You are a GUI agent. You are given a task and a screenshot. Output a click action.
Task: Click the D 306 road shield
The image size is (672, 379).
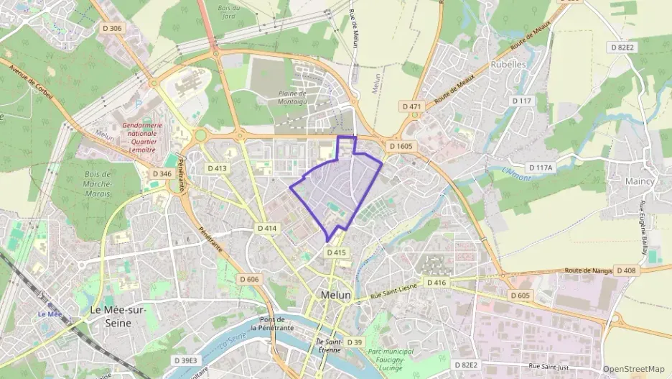tap(113, 28)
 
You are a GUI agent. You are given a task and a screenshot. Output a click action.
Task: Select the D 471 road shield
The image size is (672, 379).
tap(412, 106)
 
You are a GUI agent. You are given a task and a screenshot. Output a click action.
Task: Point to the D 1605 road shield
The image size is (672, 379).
tap(402, 146)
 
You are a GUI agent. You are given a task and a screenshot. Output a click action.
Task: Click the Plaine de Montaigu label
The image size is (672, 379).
tap(293, 97)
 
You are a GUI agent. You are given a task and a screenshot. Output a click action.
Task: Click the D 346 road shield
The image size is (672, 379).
tap(162, 174)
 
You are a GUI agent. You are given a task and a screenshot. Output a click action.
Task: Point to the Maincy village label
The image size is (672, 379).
tap(640, 181)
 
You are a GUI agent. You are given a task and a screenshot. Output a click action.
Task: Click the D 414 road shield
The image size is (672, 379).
tap(267, 228)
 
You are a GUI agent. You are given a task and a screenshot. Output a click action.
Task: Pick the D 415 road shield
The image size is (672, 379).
tap(337, 252)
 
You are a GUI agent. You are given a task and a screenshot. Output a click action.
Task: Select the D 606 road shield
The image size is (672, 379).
tap(249, 278)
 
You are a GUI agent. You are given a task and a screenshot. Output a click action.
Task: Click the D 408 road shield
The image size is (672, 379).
tap(626, 270)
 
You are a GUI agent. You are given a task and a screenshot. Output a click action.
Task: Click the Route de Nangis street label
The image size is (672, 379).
tap(589, 270)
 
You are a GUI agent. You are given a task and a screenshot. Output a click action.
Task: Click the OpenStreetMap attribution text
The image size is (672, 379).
tap(633, 369)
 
